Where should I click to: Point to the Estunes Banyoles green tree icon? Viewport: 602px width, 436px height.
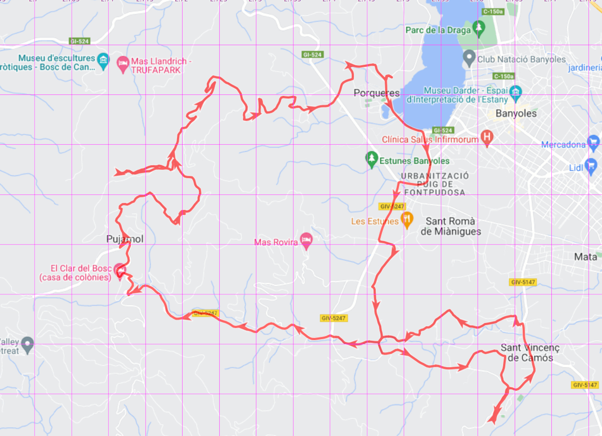point(371,159)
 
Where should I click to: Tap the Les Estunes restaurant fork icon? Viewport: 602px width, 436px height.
point(407,220)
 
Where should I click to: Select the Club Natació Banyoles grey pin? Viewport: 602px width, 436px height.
point(469,58)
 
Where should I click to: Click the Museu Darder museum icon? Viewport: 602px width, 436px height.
point(515,91)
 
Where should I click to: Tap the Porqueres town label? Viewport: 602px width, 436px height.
point(376,93)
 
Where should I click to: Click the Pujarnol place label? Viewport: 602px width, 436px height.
point(125,239)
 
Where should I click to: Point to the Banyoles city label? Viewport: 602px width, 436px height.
point(516,114)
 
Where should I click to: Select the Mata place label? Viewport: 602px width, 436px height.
point(585,257)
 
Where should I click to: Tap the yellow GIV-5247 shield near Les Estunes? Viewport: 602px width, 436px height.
point(391,206)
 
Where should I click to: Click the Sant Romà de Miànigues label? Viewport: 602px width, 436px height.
point(450,226)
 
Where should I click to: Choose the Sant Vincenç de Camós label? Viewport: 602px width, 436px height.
point(529,353)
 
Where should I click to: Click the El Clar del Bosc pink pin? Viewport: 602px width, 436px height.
point(119,270)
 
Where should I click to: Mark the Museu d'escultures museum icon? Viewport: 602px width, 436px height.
point(103,60)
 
